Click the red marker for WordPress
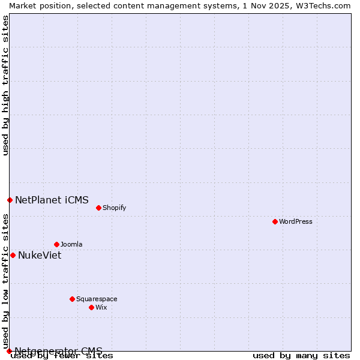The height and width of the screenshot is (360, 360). tap(275, 221)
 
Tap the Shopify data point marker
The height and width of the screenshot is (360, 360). tap(98, 208)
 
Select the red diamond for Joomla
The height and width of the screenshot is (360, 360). tap(56, 244)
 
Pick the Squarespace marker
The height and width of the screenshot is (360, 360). tap(72, 299)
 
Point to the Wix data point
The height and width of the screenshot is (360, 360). tap(91, 307)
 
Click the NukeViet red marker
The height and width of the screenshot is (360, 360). tap(13, 255)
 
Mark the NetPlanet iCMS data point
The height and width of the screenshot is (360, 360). tap(10, 200)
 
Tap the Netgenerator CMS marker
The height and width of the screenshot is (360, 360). tap(9, 351)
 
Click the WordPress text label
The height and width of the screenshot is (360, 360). tap(296, 221)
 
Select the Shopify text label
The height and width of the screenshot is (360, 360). tap(114, 208)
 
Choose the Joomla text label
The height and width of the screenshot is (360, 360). tap(71, 244)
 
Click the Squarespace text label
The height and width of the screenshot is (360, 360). tap(97, 299)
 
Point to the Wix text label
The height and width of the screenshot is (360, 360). tap(101, 307)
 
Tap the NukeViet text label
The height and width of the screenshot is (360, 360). tap(40, 255)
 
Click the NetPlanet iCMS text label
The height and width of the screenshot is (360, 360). tap(52, 200)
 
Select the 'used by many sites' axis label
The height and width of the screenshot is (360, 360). tap(301, 356)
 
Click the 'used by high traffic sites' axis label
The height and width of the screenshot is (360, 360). tap(5, 85)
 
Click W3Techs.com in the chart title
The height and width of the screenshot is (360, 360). tap(323, 5)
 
